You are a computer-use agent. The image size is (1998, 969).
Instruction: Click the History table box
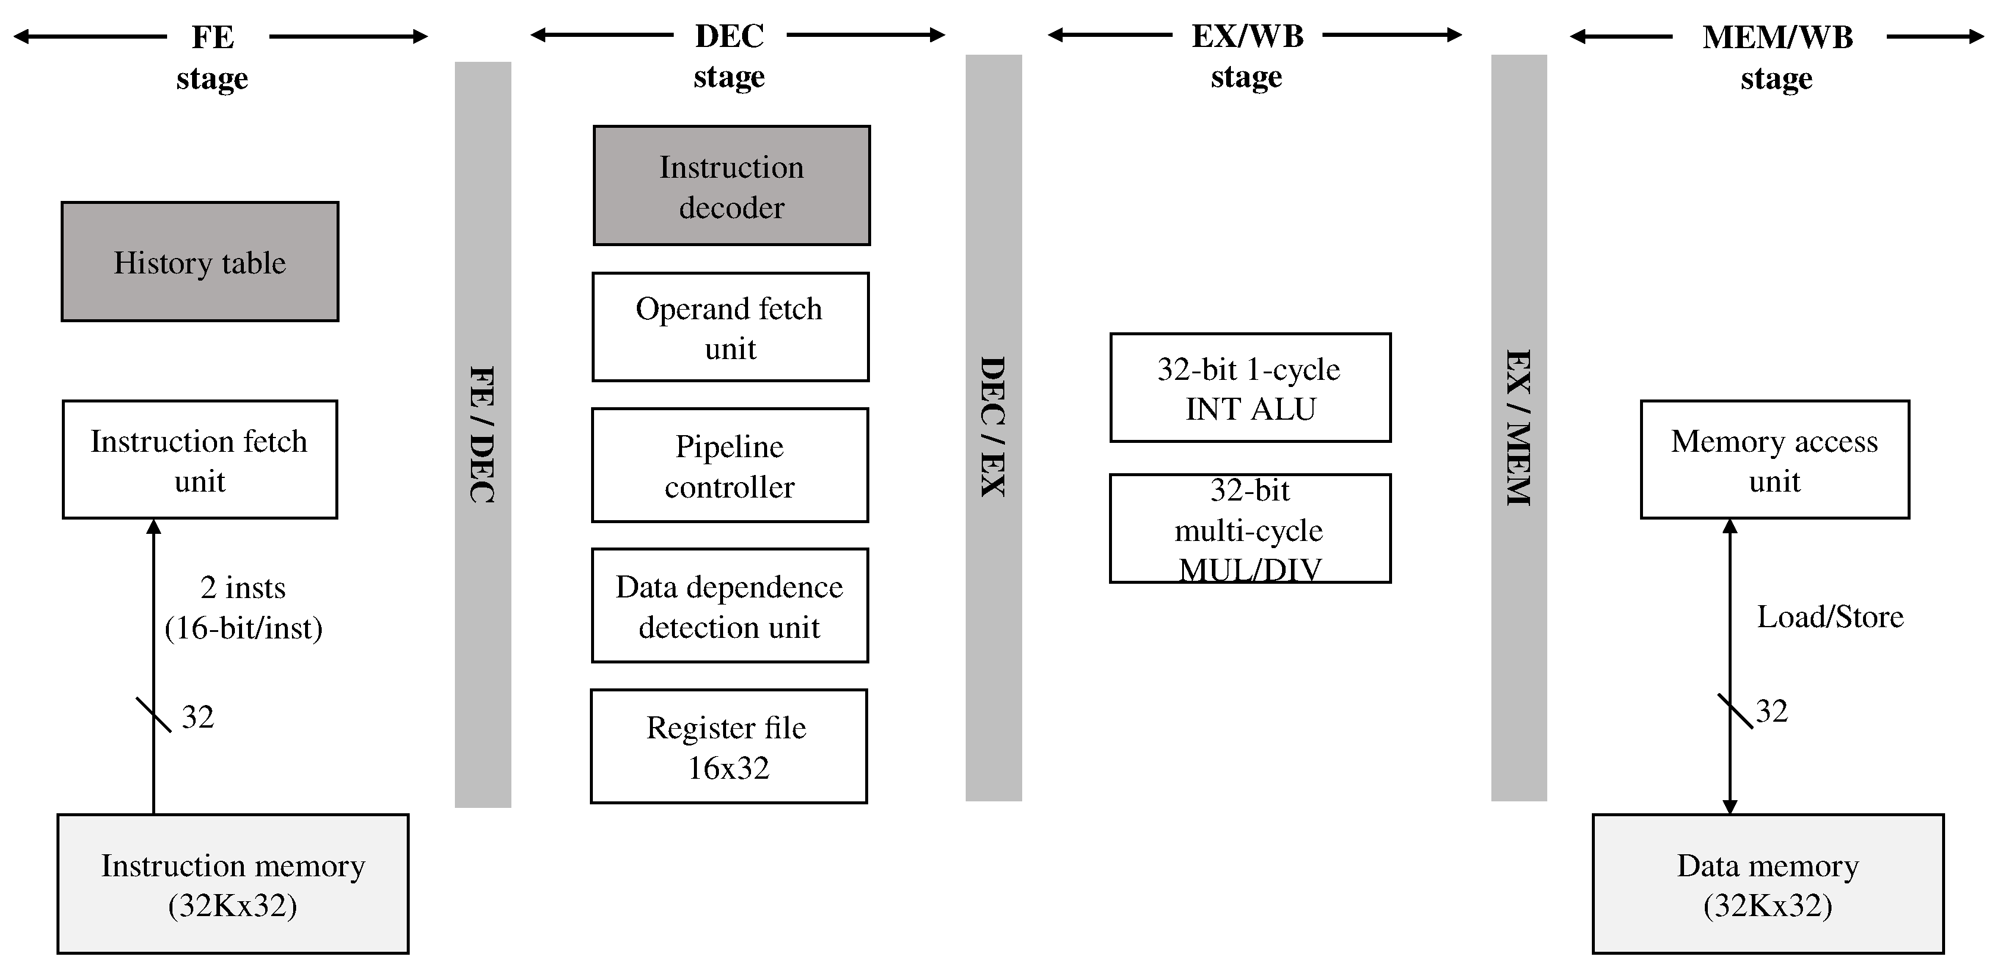(x=200, y=262)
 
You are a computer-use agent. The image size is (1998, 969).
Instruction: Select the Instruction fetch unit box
(x=200, y=460)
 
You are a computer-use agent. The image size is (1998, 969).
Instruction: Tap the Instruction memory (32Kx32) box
(x=233, y=884)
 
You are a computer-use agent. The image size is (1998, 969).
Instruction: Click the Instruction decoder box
(x=731, y=186)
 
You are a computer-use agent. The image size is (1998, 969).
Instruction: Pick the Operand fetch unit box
(x=730, y=327)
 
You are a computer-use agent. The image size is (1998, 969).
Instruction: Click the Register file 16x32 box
(x=728, y=747)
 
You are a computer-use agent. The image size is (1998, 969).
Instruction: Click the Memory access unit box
(x=1774, y=460)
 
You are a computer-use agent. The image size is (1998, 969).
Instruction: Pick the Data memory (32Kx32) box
(x=1768, y=884)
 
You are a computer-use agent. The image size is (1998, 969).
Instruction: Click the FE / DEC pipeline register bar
(x=482, y=434)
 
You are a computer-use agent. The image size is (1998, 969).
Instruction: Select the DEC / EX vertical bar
(x=993, y=426)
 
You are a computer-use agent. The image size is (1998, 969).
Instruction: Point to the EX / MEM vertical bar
(x=1518, y=426)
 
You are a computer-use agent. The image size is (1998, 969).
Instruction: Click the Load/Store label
(x=1830, y=617)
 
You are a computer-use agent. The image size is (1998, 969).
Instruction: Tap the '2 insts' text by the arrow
(x=243, y=587)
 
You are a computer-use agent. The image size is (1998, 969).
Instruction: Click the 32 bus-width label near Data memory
(x=1771, y=712)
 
